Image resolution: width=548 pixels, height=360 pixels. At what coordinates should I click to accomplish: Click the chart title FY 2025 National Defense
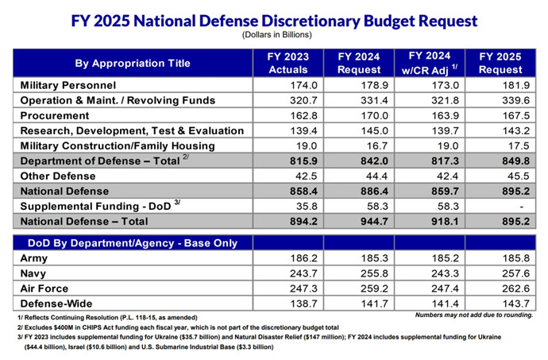[274, 20]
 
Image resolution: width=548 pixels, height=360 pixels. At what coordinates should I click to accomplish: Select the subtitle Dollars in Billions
[274, 36]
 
